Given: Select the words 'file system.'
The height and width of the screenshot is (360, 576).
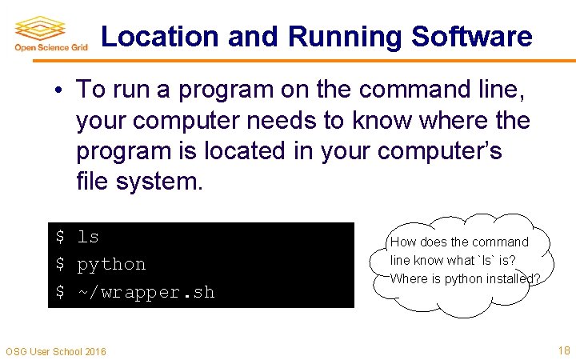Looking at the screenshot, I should [x=140, y=182].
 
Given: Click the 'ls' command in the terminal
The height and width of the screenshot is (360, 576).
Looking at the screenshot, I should [x=88, y=237].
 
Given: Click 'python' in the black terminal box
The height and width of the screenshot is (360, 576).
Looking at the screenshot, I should [x=111, y=264].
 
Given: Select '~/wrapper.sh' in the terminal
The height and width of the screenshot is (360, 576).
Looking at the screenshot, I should [x=146, y=292].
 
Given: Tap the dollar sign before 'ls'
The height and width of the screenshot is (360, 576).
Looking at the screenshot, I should [x=59, y=237].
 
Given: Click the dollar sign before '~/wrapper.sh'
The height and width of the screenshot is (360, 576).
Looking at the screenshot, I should [x=59, y=292].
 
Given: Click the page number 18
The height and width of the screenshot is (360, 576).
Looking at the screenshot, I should [x=563, y=350].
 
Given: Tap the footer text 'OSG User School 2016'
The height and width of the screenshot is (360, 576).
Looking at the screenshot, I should [x=55, y=351].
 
